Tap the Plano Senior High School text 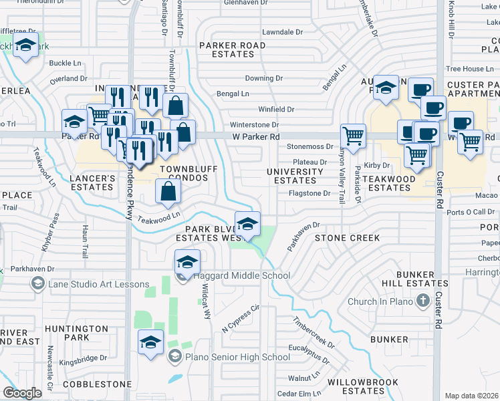point(229,357)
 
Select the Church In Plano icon point(422,301)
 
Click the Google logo point(22,393)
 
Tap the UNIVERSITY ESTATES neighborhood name point(295,176)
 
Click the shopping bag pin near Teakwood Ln point(167,192)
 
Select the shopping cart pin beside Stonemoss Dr point(353,136)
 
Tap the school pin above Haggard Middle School point(188,262)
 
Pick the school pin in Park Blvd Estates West point(247,224)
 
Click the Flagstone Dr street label point(309,194)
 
